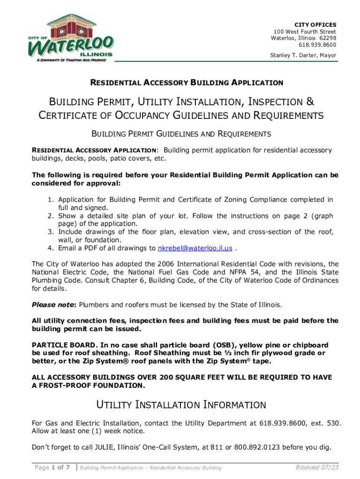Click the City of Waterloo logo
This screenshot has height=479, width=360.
tap(70, 37)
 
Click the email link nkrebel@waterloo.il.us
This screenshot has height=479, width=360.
tap(195, 248)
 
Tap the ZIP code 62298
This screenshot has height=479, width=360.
tap(326, 38)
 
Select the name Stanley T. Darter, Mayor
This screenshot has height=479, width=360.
tap(303, 56)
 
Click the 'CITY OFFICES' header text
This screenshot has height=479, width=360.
tap(315, 24)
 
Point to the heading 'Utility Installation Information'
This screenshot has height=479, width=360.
tap(180, 405)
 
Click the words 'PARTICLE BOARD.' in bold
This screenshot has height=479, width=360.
tap(58, 345)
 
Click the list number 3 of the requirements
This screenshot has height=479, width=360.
tap(50, 232)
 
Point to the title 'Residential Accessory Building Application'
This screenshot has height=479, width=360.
tap(187, 83)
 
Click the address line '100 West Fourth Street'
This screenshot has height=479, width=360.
tap(305, 31)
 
